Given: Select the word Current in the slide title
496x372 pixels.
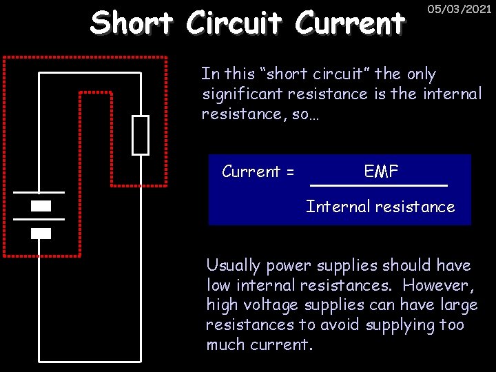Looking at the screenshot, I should (349, 23).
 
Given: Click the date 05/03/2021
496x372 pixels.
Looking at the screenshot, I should (459, 9).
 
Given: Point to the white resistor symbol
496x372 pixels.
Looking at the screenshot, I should (141, 135).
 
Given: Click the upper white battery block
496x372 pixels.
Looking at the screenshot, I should (41, 206).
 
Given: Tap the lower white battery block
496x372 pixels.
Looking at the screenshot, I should (41, 233).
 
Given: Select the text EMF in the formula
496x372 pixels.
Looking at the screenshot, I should (381, 172).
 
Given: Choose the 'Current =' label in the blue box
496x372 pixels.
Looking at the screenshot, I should (258, 172).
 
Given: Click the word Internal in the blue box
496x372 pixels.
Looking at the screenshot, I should (333, 207).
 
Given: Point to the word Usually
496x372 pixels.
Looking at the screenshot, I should (234, 266).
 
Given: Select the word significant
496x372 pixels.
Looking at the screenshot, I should (242, 94).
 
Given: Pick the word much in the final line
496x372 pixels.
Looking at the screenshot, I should (225, 344).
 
